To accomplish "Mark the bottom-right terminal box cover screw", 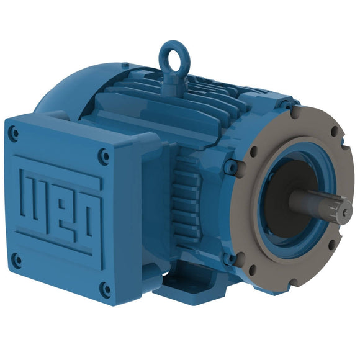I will click(x=106, y=289).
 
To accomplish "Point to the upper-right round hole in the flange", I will click(x=335, y=132).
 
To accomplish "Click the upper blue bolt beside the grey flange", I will click(x=231, y=166).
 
